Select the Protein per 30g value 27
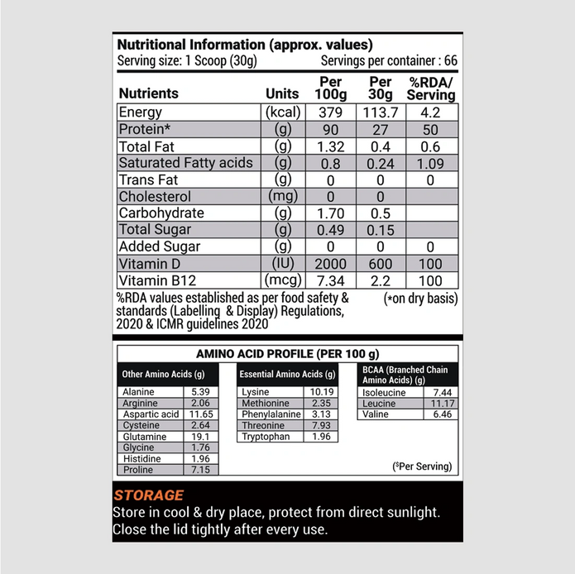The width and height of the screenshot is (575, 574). [x=381, y=130]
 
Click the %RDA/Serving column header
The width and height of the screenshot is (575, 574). [x=431, y=88]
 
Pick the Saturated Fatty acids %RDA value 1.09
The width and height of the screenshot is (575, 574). [x=431, y=163]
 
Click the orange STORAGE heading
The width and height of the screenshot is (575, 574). [x=149, y=495]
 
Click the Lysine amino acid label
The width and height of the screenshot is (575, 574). [x=256, y=392]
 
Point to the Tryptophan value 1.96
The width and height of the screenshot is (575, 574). [x=322, y=436]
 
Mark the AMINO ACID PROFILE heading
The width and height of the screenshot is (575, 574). [x=287, y=353]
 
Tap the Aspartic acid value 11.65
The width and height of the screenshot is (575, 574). [x=202, y=414]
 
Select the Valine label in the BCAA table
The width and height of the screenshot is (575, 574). [x=376, y=414]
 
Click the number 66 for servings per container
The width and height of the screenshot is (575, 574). [x=450, y=60]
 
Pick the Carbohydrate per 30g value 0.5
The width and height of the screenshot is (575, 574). [x=381, y=213]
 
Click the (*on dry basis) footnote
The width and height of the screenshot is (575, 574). [x=420, y=299]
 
